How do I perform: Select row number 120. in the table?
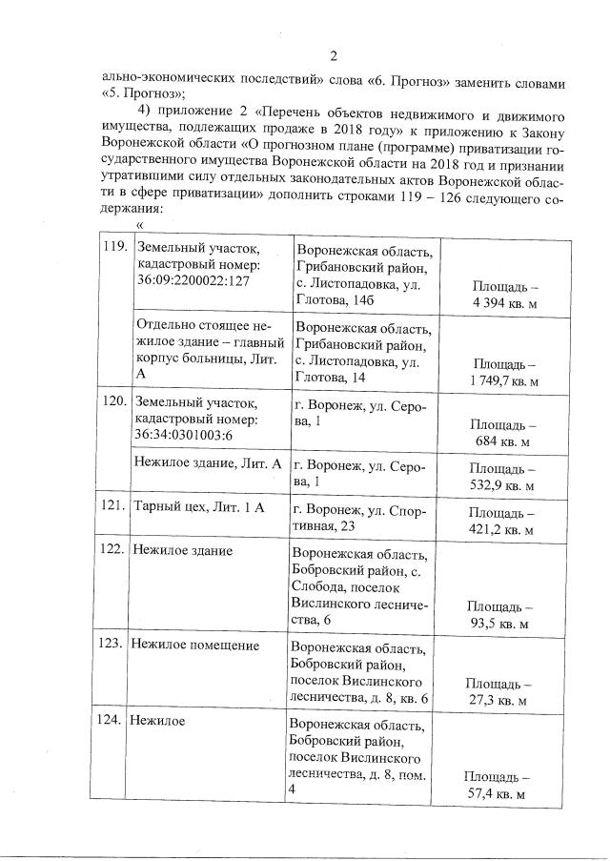tap(114, 401)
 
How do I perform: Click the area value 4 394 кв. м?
tap(504, 302)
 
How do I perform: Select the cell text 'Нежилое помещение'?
tap(194, 646)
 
